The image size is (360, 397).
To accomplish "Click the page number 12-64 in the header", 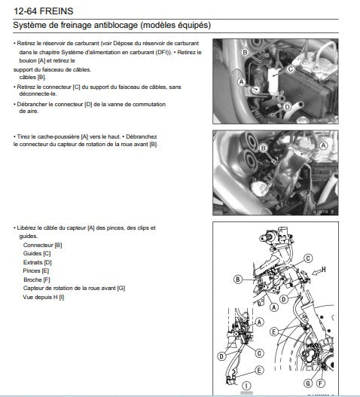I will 29,9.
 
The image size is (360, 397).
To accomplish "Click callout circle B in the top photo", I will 245,53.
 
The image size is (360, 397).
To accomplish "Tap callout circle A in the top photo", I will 240,81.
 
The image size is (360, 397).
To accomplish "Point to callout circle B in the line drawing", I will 238,279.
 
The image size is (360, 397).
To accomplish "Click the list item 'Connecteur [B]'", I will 43,246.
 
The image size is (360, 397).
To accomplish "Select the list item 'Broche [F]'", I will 37,279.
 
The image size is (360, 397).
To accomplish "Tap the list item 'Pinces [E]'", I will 37,270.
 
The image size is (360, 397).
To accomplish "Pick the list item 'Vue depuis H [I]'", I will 44,298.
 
